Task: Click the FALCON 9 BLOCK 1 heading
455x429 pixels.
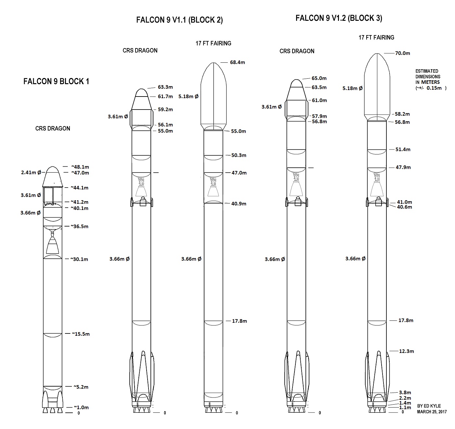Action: [x=56, y=81]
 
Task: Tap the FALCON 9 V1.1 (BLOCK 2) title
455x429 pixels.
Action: [x=179, y=20]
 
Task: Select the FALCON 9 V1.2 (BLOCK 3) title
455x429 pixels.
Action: [x=339, y=18]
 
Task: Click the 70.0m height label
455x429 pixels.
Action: [x=402, y=53]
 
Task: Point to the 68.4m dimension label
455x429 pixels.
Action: [x=237, y=62]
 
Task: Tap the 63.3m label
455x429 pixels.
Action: [x=165, y=87]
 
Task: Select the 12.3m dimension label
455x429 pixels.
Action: [x=406, y=351]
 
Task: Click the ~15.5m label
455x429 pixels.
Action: [x=81, y=334]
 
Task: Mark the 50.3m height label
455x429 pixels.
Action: [x=239, y=155]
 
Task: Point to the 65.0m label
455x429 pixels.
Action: [x=319, y=78]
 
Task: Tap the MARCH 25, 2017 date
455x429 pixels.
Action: [x=432, y=411]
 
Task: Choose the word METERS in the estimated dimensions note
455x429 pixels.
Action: [x=430, y=82]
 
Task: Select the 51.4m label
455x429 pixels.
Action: [x=403, y=149]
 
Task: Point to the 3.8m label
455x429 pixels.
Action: [x=405, y=392]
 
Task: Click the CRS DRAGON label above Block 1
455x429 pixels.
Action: [x=53, y=128]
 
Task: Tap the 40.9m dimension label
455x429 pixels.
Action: [x=239, y=203]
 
